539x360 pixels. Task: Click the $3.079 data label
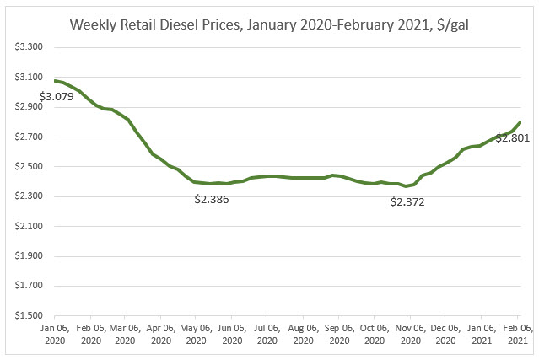[57, 96]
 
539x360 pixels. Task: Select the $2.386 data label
[212, 201]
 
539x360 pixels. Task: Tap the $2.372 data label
[408, 201]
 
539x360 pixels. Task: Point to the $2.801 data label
[512, 137]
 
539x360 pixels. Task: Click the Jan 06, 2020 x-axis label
[53, 332]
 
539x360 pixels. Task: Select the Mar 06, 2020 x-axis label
[124, 332]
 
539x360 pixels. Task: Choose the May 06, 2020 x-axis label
[195, 332]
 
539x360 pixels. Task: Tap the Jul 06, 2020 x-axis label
[267, 332]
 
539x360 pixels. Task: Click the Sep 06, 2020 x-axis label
[337, 332]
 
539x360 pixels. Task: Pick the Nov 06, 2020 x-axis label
[409, 332]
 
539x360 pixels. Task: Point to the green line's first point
[54, 80]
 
